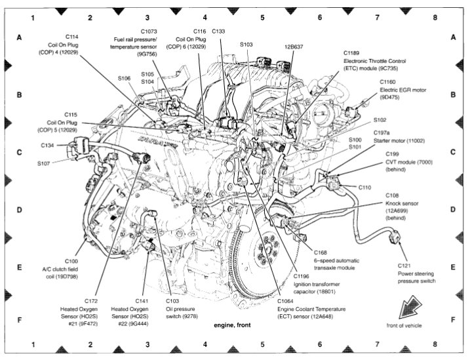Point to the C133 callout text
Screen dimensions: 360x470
[x=218, y=31]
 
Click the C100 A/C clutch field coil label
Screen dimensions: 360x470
[x=67, y=269]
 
